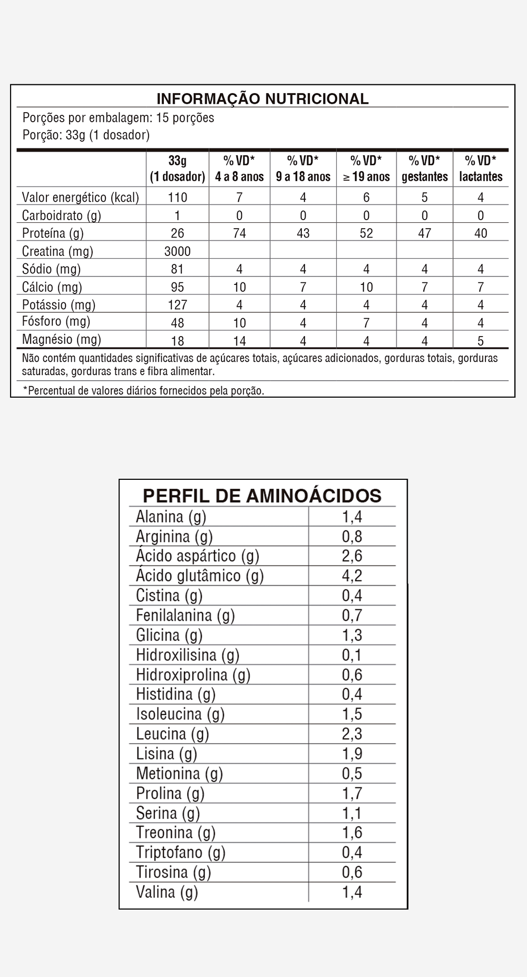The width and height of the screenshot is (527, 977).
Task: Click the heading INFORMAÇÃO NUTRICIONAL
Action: [x=262, y=98]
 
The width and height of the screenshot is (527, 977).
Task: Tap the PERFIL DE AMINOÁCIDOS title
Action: [x=262, y=496]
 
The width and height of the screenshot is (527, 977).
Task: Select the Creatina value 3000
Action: [x=177, y=251]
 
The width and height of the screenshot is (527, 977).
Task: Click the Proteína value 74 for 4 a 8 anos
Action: [x=239, y=233]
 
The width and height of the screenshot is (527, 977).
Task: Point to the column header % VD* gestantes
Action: [x=424, y=169]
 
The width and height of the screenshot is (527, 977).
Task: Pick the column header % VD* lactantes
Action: [x=481, y=169]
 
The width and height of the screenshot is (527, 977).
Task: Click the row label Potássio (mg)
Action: [x=58, y=305]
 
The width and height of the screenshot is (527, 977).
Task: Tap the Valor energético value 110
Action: [x=177, y=198]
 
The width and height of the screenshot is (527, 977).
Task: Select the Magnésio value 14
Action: [x=239, y=341]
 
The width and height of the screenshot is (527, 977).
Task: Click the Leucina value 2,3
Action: [x=352, y=734]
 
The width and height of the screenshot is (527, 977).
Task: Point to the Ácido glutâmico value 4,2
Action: [x=352, y=575]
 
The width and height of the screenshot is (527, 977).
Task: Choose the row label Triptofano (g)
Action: [x=180, y=852]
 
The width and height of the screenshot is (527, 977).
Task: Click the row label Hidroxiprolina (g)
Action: [x=193, y=675]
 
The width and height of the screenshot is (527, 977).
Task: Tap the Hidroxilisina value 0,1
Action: [x=352, y=655]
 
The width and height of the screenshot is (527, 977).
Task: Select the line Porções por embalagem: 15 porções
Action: [x=118, y=117]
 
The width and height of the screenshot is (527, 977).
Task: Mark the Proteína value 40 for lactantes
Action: [x=481, y=233]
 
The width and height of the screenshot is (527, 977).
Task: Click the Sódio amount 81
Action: [x=177, y=269]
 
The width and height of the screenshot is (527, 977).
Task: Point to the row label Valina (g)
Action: [x=167, y=892]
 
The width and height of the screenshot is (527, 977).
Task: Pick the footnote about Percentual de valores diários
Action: [x=143, y=390]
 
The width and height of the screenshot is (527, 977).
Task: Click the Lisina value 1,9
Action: [x=352, y=754]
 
